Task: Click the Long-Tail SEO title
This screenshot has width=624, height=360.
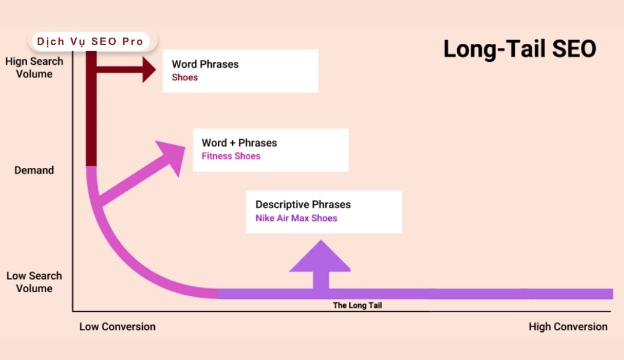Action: (x=520, y=49)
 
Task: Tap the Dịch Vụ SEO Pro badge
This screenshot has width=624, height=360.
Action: (x=91, y=41)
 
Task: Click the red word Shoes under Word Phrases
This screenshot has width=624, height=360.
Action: (x=185, y=78)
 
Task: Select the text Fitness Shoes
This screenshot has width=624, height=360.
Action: (x=231, y=157)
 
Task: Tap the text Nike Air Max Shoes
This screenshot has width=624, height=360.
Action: (x=296, y=218)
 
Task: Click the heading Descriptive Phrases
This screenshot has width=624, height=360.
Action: (x=303, y=205)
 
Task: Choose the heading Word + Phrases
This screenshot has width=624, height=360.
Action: (x=239, y=143)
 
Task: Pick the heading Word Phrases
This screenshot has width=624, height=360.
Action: (x=205, y=64)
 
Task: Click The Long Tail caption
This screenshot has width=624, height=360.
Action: (x=358, y=305)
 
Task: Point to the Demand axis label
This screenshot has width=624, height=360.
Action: (x=34, y=170)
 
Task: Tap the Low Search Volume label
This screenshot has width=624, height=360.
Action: (x=34, y=282)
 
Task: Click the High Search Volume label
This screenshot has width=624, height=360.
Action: (x=34, y=68)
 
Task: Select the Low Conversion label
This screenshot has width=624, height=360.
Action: (x=118, y=327)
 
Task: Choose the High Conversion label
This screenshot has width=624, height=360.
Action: (x=568, y=327)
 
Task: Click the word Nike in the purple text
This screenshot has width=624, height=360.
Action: (x=265, y=218)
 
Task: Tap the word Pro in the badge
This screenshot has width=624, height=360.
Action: (x=134, y=41)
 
